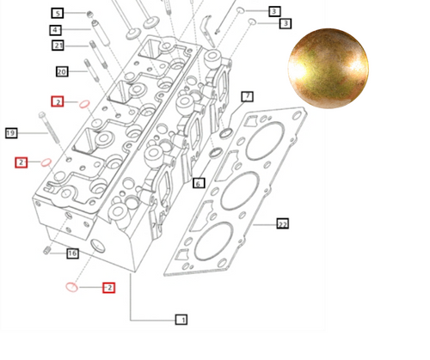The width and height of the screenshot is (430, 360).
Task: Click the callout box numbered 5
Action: [57, 13]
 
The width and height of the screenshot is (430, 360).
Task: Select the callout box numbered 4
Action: [56, 29]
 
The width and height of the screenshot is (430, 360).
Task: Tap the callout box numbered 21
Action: [58, 45]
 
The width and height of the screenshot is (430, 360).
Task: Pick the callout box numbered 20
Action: [61, 71]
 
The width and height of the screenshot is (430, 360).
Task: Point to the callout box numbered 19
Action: [11, 133]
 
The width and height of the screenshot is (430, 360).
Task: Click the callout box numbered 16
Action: [72, 253]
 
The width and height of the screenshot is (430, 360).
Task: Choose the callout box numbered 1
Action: [181, 320]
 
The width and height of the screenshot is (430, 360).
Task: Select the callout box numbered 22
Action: [282, 223]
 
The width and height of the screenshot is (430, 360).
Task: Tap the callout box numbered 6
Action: [198, 183]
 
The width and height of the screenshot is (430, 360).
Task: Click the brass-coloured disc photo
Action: [328, 68]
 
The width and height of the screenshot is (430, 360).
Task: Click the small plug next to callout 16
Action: [47, 250]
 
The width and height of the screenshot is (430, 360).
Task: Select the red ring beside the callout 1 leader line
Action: [73, 286]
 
